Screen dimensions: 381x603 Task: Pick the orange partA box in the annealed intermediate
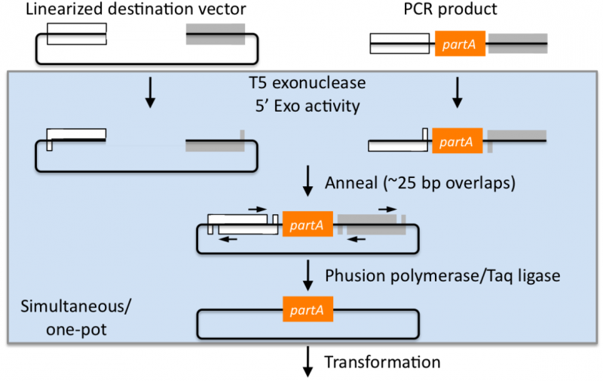tap(307, 224)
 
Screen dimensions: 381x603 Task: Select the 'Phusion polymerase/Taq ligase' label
tap(442, 275)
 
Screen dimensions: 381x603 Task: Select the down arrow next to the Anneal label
tap(308, 182)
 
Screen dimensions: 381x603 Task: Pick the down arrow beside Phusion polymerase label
tap(308, 275)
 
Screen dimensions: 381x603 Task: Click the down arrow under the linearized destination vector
tap(150, 91)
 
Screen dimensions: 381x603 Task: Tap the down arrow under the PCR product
tap(457, 91)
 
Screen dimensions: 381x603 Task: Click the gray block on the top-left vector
tap(215, 34)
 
